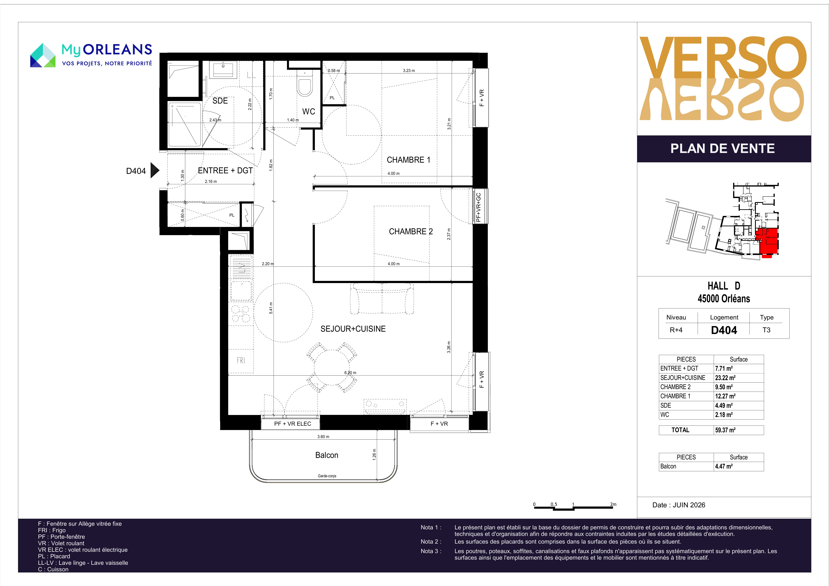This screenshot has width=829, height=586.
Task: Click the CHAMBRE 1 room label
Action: (408, 160)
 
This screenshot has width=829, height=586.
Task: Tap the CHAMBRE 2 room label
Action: (411, 231)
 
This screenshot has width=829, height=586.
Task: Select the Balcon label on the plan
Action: (327, 455)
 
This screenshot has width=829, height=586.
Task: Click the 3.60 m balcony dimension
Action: (323, 437)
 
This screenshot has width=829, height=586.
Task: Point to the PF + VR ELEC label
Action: (292, 424)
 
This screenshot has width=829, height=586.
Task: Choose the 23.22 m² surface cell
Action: (725, 378)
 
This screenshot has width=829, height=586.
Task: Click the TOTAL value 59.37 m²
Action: (725, 430)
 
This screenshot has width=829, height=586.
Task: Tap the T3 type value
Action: (766, 330)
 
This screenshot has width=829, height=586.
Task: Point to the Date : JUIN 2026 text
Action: (679, 505)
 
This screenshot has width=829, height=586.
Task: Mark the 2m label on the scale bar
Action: (613, 504)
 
